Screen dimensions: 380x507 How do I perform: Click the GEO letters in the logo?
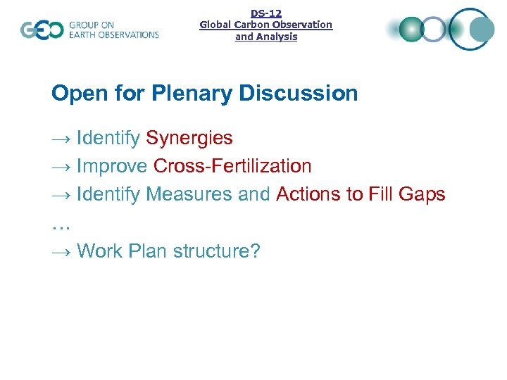coord(41,30)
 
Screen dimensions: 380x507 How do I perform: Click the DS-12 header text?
coord(266,13)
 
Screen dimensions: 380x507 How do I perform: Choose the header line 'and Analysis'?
coord(266,37)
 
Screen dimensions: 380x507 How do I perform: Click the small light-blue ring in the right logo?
coord(435,30)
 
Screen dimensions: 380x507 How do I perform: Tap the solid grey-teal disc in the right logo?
coord(482,30)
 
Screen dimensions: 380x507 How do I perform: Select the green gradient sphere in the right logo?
coord(411,30)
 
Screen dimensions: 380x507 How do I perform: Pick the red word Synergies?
coord(189,138)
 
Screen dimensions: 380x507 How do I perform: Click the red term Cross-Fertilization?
coord(232,166)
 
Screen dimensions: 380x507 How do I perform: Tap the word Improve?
coord(112,166)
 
